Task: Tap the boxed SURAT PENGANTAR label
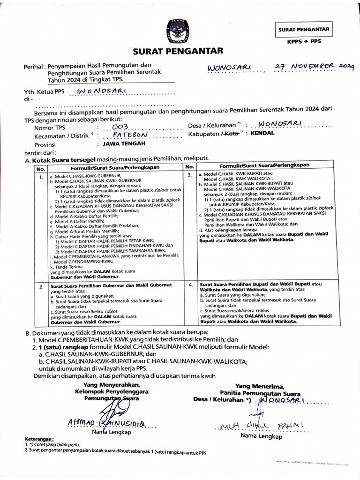pos(303,29)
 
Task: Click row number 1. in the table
pos(41,177)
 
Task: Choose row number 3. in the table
pos(190,175)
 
